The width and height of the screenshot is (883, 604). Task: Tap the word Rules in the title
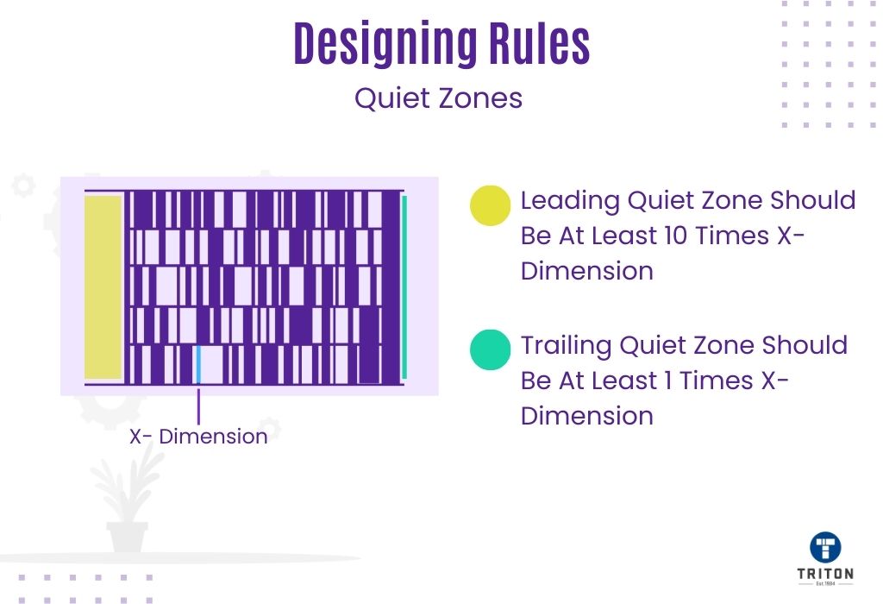click(x=539, y=43)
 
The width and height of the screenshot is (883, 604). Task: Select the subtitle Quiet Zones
click(x=438, y=98)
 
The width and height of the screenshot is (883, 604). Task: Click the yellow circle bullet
click(x=490, y=205)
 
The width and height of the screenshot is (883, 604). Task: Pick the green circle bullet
click(x=490, y=350)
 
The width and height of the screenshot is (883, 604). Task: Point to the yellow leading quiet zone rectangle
click(x=103, y=287)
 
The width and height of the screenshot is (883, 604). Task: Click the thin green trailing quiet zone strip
click(x=404, y=287)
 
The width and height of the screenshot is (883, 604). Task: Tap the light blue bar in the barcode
click(x=198, y=364)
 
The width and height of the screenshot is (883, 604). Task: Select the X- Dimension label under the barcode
click(x=198, y=437)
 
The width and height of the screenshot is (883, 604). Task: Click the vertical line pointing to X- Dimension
click(x=198, y=406)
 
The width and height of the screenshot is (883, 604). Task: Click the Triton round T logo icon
click(x=825, y=547)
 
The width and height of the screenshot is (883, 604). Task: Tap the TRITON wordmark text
click(x=825, y=574)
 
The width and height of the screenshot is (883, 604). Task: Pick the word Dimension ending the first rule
click(x=586, y=271)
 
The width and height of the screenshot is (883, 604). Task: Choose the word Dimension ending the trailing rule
click(x=586, y=416)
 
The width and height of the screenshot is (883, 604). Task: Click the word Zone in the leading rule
click(x=732, y=200)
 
